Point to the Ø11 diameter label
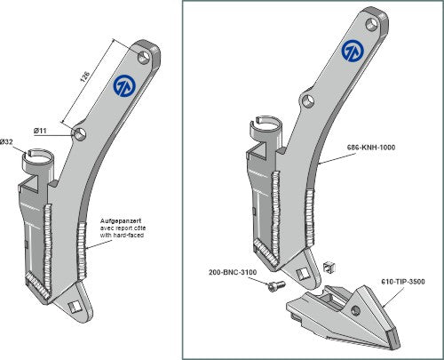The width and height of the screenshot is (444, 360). click(42, 131)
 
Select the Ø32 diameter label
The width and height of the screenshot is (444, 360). click(7, 142)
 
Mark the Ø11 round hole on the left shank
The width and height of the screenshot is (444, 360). click(80, 134)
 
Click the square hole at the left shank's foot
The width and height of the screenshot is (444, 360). click(75, 307)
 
